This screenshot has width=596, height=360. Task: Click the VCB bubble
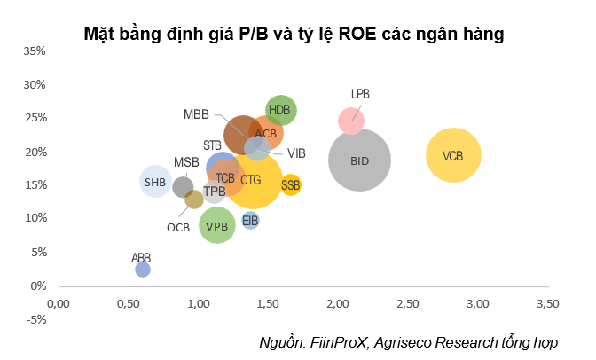(453, 156)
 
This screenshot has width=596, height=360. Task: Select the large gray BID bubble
(360, 160)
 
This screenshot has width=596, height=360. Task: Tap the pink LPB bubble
(351, 120)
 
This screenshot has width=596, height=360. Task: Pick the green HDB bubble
(280, 110)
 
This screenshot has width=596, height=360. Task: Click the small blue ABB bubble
(142, 269)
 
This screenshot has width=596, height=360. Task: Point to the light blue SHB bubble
(155, 183)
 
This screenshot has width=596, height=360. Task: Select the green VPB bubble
(217, 225)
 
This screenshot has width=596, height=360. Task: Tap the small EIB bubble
(250, 220)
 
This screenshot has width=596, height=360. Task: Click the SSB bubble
(291, 185)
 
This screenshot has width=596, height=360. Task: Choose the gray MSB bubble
(183, 186)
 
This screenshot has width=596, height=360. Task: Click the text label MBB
(196, 114)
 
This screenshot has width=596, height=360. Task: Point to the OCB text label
(178, 227)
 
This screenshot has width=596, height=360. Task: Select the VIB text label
(296, 153)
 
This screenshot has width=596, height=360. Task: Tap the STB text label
(212, 145)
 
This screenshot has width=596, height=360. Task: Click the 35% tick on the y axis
(35, 51)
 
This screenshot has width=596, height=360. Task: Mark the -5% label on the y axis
(35, 319)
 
